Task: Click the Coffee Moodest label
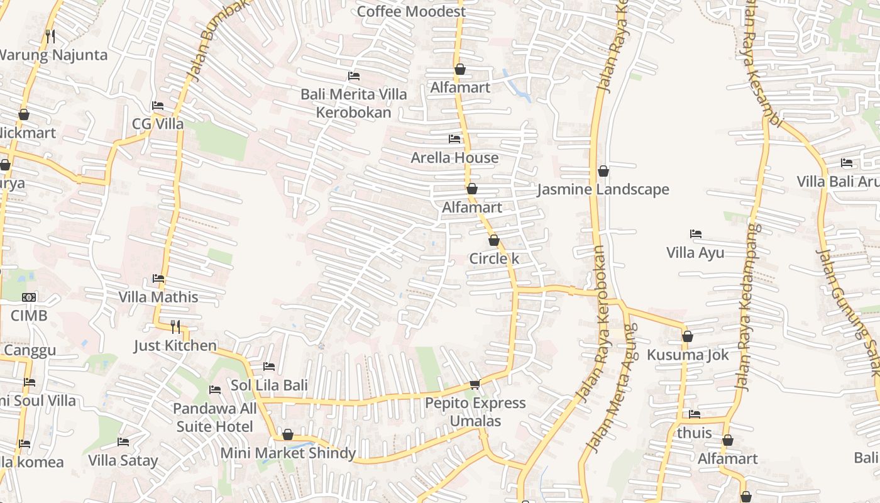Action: click(412, 11)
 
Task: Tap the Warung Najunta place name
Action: click(53, 55)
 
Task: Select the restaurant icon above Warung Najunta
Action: click(50, 36)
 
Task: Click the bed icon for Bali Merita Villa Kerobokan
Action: click(354, 76)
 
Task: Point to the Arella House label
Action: click(454, 158)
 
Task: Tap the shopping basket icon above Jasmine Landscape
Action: click(603, 171)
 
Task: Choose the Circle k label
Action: click(494, 258)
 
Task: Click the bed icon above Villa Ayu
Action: click(695, 234)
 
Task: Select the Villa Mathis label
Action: click(158, 297)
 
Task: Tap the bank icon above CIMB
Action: click(29, 297)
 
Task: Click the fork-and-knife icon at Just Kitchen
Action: click(175, 326)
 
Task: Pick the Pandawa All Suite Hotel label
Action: click(215, 417)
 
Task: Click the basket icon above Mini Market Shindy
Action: click(288, 434)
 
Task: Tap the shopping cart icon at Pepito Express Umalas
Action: click(475, 384)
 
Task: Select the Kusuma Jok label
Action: click(688, 355)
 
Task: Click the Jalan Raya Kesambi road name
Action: click(762, 63)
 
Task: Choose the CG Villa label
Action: click(158, 124)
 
